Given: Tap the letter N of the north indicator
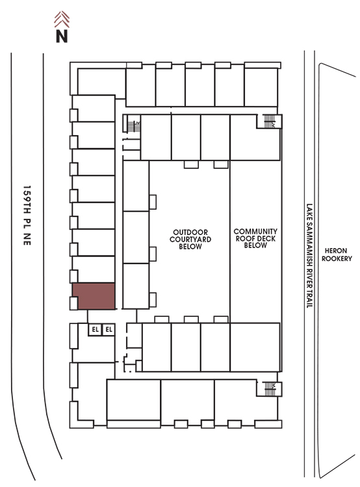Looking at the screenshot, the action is pos(62,36).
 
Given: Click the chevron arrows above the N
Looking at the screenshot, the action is pos(62,19).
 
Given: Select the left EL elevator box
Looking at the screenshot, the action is pos(95,329).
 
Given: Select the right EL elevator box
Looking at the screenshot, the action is pos(109,329).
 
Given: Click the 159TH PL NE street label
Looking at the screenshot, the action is pos(27,215).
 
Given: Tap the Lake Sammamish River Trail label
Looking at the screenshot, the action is pos(309,256).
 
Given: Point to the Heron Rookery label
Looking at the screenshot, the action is pos(337,255).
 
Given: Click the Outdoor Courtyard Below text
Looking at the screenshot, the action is pos(190,240).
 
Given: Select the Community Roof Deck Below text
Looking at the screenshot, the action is pos(255,238).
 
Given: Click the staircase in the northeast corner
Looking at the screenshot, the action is pos(269,121).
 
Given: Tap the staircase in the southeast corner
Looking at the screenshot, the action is pos(270,389).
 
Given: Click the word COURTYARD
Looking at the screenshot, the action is pos(190,240).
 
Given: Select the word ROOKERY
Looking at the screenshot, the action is pos(337,258).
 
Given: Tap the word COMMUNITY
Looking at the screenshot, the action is pos(255,232).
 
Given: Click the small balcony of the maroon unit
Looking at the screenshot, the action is pos(73,303).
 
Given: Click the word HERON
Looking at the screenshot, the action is pos(336,251).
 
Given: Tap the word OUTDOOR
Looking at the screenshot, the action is pos(190,232).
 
